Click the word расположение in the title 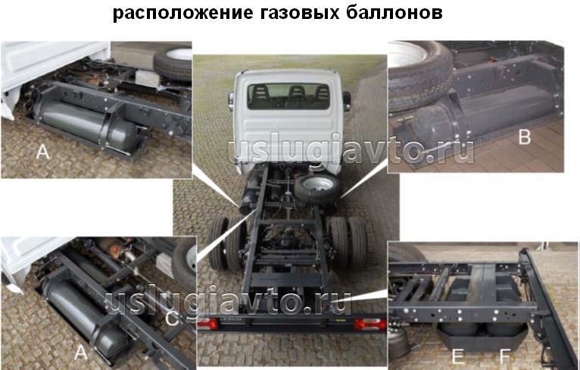click(x=183, y=13)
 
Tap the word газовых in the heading click(x=299, y=13)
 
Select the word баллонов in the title click(x=394, y=12)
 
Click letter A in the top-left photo click(x=43, y=152)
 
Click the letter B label click(x=524, y=137)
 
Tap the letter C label click(x=172, y=318)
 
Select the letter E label click(x=457, y=356)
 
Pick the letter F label click(x=504, y=356)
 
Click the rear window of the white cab click(x=289, y=96)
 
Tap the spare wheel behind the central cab click(x=317, y=188)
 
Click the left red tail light click(x=207, y=325)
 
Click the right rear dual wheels click(x=348, y=243)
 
